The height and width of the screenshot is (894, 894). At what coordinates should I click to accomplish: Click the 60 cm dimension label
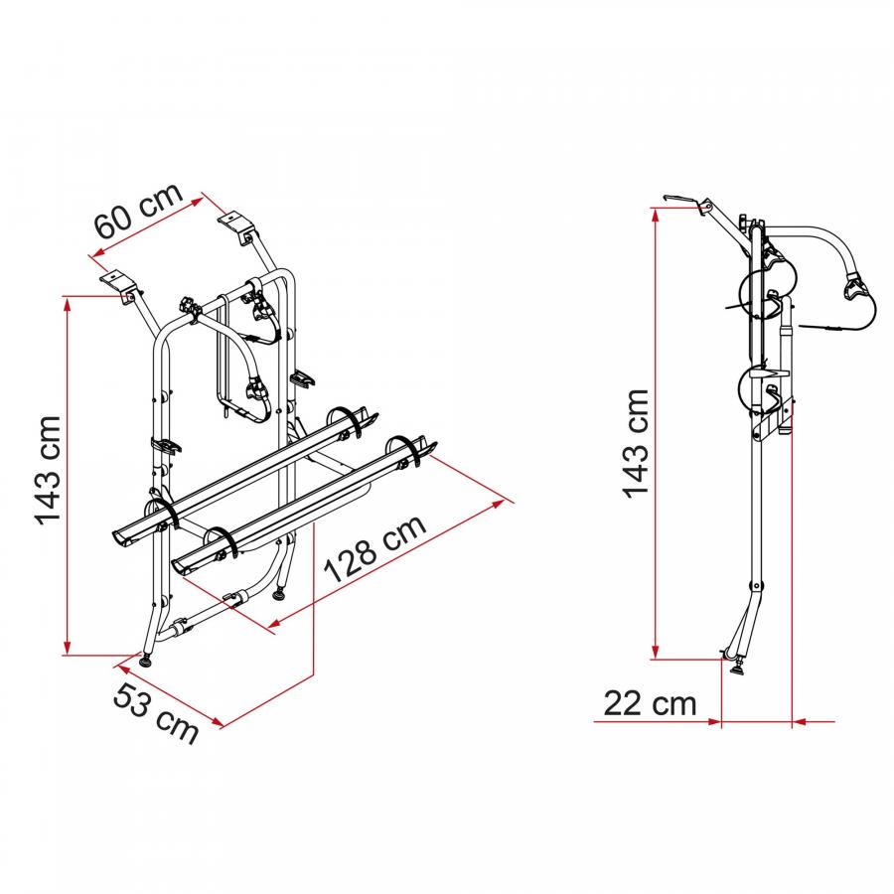[x=138, y=211]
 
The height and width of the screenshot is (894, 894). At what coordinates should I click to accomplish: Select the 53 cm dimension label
[x=156, y=713]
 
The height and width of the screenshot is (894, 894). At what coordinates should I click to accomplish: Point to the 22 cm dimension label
[x=650, y=703]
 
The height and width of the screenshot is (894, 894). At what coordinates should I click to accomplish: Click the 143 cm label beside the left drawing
[x=48, y=471]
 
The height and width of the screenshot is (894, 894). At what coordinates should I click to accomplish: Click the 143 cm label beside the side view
[x=635, y=444]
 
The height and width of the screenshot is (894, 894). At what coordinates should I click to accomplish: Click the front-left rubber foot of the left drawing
[x=147, y=661]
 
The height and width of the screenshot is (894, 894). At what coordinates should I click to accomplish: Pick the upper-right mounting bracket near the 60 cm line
[x=237, y=226]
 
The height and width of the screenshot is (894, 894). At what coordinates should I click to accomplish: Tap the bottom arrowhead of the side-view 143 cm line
[x=656, y=652]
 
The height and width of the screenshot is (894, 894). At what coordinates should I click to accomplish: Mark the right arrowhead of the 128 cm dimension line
[x=498, y=504]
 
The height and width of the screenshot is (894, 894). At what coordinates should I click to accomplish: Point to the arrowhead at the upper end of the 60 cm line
[x=198, y=200]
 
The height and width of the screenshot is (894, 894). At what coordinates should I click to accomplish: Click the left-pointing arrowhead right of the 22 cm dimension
[x=800, y=722]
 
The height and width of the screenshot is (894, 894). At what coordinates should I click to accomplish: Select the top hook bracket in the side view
[x=681, y=200]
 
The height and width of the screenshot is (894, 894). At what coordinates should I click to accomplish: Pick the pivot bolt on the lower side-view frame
[x=757, y=586]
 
